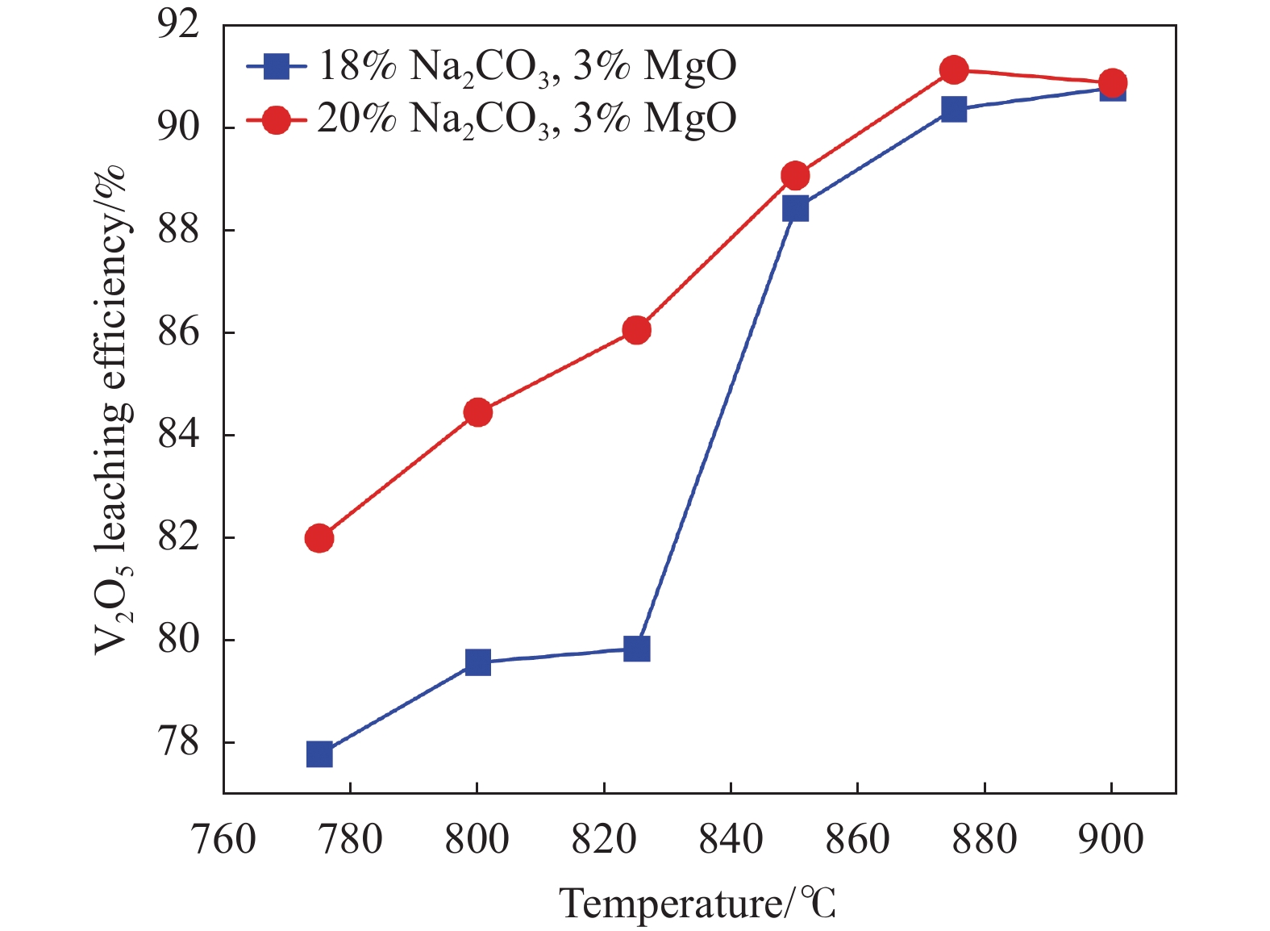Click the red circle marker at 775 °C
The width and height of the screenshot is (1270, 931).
coord(319,538)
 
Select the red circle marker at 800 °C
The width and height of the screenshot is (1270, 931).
coord(478,413)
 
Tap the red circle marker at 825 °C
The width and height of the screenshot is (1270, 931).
coord(636,330)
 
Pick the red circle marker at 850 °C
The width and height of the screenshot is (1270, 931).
coord(795,175)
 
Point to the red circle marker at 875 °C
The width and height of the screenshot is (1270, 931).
coord(954,70)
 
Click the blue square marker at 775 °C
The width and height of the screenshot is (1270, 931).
coord(319,755)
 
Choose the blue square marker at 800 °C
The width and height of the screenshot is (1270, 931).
coord(478,662)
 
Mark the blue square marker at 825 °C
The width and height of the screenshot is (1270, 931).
coord(636,649)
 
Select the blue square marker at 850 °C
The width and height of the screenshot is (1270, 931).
coord(795,209)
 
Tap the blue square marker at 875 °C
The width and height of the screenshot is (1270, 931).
coord(954,109)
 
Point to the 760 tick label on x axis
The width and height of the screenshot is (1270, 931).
coord(223,840)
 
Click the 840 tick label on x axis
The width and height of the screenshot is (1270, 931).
coord(731,840)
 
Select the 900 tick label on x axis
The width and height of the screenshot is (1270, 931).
coord(1111,840)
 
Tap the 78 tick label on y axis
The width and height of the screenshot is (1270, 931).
coord(178,743)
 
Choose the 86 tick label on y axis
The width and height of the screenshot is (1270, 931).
coord(178,333)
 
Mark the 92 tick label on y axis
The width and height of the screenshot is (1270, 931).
coord(178,26)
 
